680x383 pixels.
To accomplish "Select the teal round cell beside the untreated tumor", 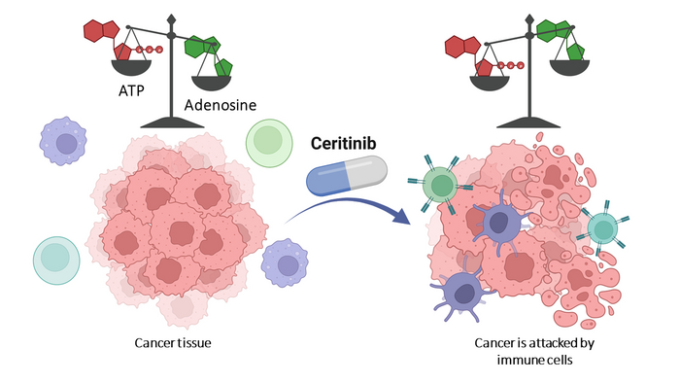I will pos(57,257).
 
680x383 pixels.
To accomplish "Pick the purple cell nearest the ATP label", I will pos(65,142).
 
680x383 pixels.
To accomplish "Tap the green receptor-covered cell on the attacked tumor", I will pos(442,183).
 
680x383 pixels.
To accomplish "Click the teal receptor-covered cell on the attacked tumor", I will pos(602,227).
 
